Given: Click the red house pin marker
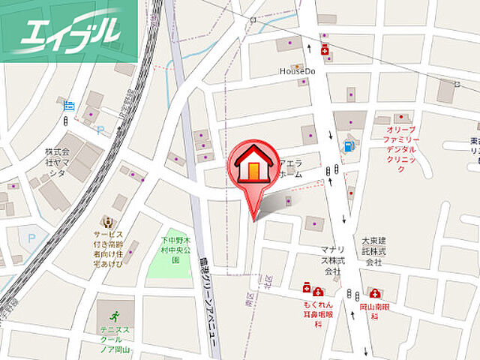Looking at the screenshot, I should pos(255,169).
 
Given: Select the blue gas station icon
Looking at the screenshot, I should pos(348,146).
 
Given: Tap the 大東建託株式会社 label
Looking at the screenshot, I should pos(373,252).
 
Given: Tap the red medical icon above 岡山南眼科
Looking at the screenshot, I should pos(374,293).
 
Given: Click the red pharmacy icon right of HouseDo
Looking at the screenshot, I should pos(325,51).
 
